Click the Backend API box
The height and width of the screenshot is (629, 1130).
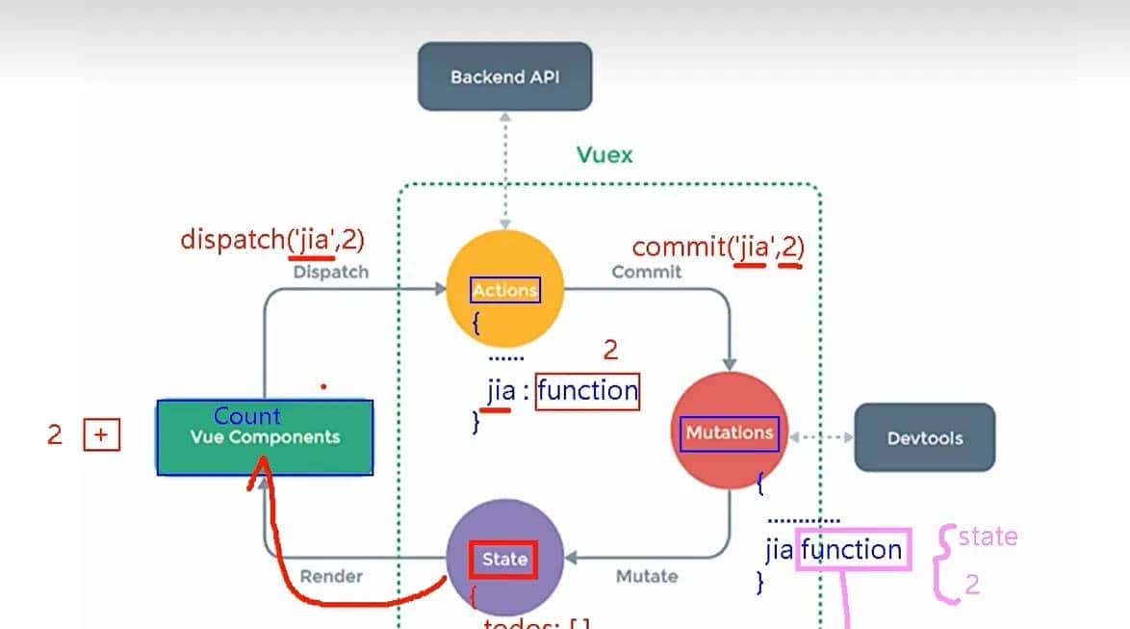point(504,76)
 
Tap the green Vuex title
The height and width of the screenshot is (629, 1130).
point(604,154)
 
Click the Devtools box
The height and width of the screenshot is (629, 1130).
point(924,437)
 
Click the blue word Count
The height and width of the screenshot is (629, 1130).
point(247,416)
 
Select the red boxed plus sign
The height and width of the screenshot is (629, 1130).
point(102,435)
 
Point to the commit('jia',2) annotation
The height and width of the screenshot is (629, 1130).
point(718,248)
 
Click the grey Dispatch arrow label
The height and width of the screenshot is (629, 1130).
point(330,272)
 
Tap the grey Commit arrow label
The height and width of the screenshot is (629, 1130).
point(646,272)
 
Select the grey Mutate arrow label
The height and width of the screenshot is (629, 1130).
point(646,576)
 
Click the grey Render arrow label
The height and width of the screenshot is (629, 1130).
point(331,576)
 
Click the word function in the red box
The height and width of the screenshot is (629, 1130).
point(587,391)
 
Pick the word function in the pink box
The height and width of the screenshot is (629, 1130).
point(852,549)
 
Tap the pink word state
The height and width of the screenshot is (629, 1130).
point(988,537)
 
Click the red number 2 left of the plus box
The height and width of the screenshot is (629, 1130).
point(55,435)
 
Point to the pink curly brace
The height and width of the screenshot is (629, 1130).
point(945,563)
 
